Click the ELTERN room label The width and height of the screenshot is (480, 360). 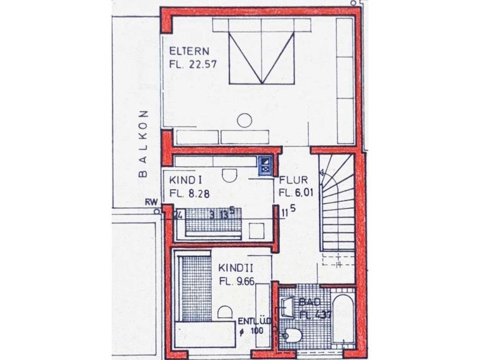pyautogui.click(x=188, y=51)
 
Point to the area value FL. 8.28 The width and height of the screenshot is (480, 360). pyautogui.click(x=189, y=193)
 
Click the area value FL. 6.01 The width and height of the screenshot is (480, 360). pyautogui.click(x=296, y=193)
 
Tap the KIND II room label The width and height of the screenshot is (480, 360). pyautogui.click(x=237, y=269)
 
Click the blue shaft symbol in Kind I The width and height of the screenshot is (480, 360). pyautogui.click(x=265, y=165)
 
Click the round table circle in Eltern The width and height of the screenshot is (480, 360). pyautogui.click(x=245, y=120)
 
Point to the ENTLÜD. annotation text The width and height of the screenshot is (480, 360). pyautogui.click(x=255, y=322)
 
